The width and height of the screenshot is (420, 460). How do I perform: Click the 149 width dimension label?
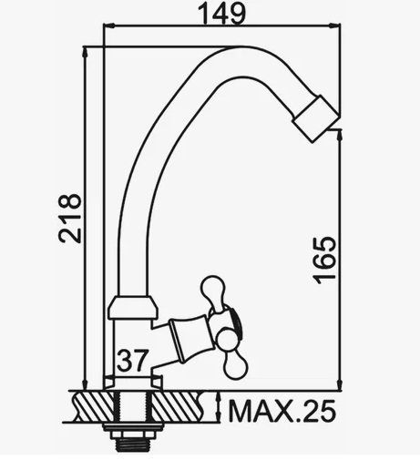(x=221, y=14)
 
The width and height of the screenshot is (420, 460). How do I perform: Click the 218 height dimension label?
(x=70, y=219)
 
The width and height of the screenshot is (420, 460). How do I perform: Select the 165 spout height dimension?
(x=325, y=261)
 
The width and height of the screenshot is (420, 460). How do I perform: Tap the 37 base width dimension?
(x=133, y=361)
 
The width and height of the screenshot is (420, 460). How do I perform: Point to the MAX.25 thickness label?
(x=282, y=411)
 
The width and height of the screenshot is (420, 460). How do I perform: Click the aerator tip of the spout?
(x=316, y=118)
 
